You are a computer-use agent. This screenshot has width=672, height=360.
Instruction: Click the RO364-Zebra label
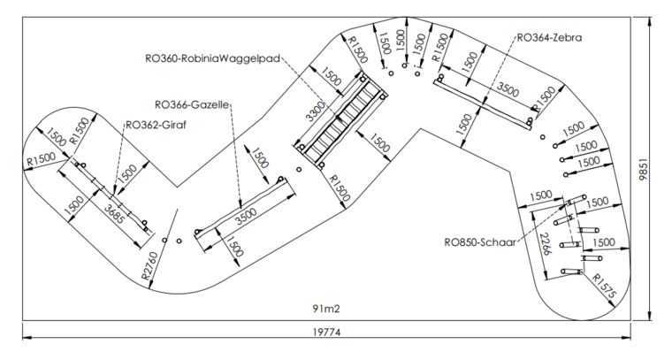pos(549,38)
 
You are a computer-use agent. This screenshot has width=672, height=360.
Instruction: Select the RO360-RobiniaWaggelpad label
pos(212,58)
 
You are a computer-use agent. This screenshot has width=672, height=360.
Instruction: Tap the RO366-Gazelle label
pos(192,104)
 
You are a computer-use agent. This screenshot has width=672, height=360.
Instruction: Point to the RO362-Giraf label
pos(156,126)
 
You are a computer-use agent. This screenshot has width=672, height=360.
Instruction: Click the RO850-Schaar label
pos(480,242)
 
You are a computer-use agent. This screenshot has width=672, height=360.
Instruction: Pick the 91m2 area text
pos(326,309)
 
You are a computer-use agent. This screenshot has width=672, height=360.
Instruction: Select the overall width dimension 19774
pos(326,333)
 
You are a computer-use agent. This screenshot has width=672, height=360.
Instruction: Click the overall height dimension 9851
pos(643,169)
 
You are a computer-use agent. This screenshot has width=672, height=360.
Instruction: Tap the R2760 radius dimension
pos(151,265)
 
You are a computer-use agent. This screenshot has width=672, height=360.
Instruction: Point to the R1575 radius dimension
pos(604,287)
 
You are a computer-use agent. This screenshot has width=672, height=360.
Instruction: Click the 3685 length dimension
pos(116,213)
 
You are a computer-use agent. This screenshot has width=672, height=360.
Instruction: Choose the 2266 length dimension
pos(546,244)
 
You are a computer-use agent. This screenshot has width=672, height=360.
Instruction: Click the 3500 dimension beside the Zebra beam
pos(508,89)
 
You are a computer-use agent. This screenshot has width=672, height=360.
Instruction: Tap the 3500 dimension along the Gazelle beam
pos(246,216)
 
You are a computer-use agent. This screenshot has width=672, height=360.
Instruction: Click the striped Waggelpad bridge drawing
pos(340,121)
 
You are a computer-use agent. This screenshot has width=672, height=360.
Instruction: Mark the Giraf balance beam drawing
pos(112,196)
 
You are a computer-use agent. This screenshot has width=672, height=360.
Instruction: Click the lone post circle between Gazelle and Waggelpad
pos(299,169)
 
